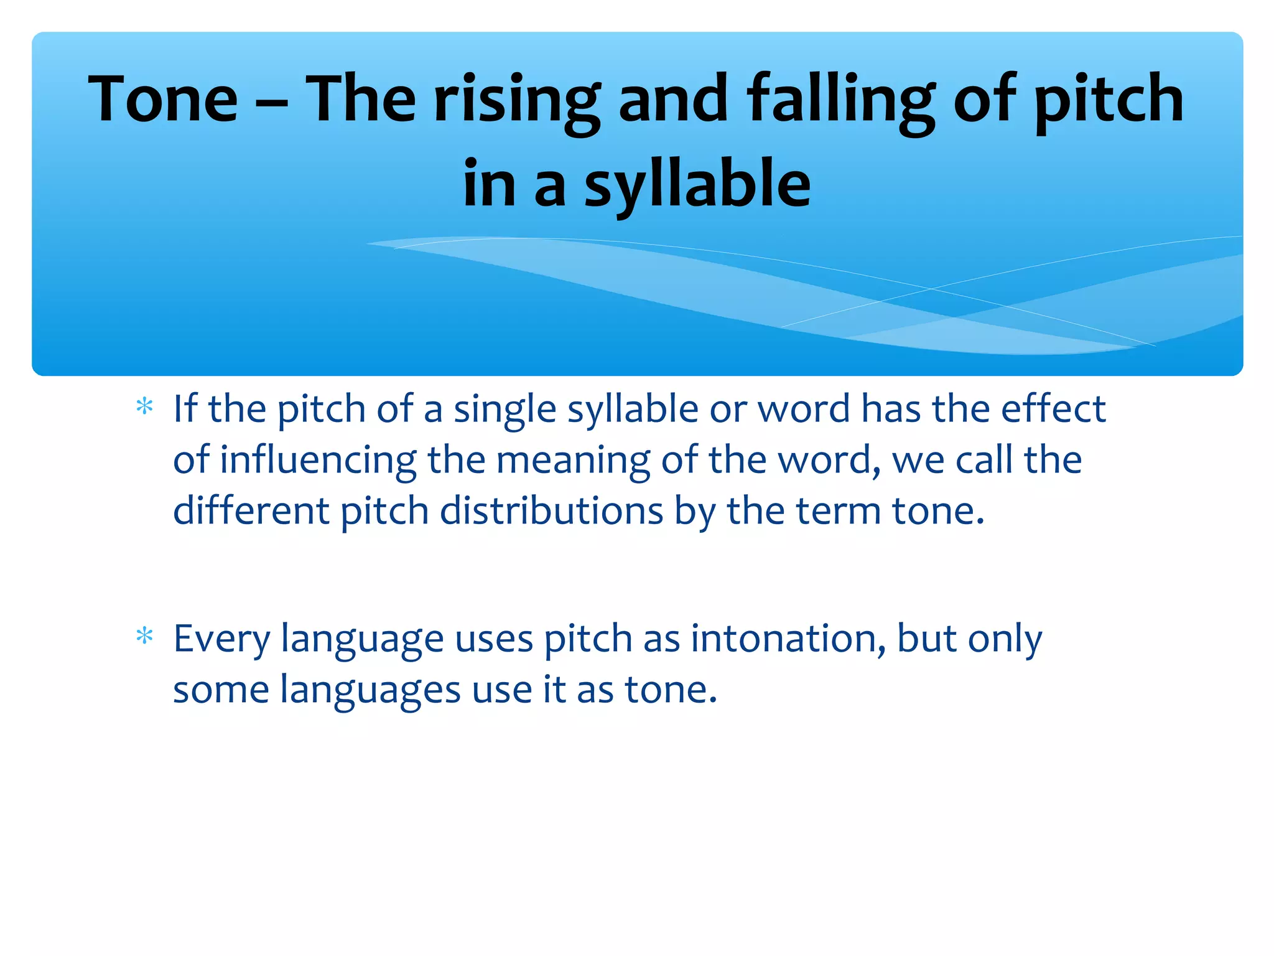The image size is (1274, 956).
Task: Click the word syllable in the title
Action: [697, 185]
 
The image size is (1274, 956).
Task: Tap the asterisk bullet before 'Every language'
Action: [144, 637]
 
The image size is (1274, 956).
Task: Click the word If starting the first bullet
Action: [185, 409]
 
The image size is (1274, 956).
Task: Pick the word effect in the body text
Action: [1053, 409]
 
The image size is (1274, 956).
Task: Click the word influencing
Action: [318, 461]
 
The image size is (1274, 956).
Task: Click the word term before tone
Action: [837, 512]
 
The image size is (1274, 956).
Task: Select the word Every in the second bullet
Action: [221, 640]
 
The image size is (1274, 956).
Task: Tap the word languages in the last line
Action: [371, 691]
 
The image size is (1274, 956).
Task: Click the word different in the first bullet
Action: [251, 512]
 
